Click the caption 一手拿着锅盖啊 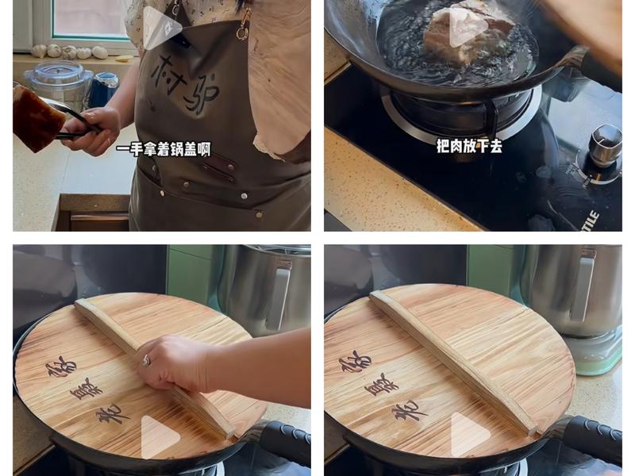[163, 149]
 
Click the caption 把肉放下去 [469, 145]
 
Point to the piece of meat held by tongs [35, 117]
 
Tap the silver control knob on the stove [605, 143]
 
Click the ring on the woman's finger [146, 360]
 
